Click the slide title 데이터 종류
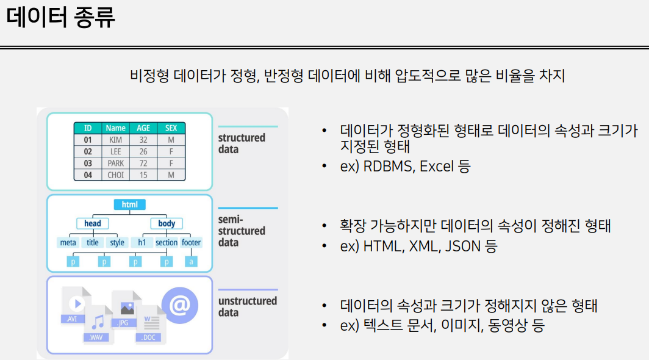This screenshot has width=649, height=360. pyautogui.click(x=60, y=17)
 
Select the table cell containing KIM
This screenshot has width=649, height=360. pyautogui.click(x=115, y=140)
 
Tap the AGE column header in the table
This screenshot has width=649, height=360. pyautogui.click(x=143, y=128)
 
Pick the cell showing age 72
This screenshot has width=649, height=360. pyautogui.click(x=143, y=164)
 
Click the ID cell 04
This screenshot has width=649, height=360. pyautogui.click(x=88, y=175)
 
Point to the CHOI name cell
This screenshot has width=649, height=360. pyautogui.click(x=115, y=175)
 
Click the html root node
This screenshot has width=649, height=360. pyautogui.click(x=129, y=204)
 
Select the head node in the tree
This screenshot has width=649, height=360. pyautogui.click(x=93, y=223)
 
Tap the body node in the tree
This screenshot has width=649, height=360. pyautogui.click(x=167, y=223)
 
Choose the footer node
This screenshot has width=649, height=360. pyautogui.click(x=192, y=242)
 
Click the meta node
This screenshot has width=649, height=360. pyautogui.click(x=68, y=242)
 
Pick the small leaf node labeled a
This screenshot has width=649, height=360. pyautogui.click(x=191, y=261)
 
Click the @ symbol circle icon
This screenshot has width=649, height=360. pyautogui.click(x=179, y=305)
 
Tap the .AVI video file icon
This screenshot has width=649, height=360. pyautogui.click(x=75, y=305)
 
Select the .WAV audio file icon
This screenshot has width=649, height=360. pyautogui.click(x=98, y=324)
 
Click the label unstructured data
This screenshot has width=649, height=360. pyautogui.click(x=248, y=306)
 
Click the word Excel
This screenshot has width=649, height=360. pyautogui.click(x=437, y=166)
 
